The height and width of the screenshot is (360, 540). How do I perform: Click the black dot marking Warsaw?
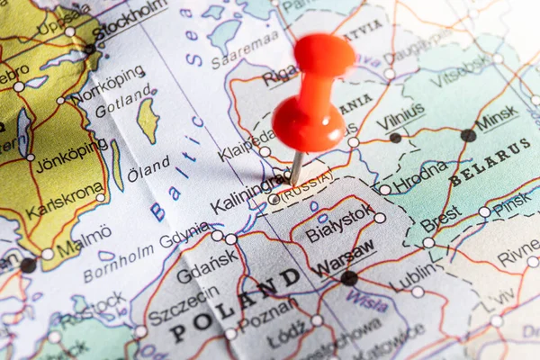348,278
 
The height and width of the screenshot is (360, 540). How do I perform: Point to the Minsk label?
497,118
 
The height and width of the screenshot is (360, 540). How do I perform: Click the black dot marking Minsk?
468,135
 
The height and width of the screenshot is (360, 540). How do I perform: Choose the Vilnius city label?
400,118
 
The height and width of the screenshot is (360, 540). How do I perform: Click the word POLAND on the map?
235,306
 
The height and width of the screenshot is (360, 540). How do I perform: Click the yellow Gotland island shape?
148,120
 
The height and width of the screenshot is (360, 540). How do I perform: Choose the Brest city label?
440,218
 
